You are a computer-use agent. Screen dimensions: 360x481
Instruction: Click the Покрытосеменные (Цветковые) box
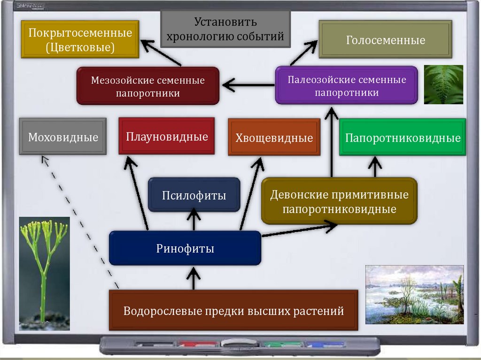pyautogui.click(x=80, y=39)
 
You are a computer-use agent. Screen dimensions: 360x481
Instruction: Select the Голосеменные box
pyautogui.click(x=386, y=39)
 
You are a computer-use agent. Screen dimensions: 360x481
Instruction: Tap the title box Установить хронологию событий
pyautogui.click(x=225, y=29)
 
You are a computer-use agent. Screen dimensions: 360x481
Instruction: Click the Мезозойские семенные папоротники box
pyautogui.click(x=148, y=86)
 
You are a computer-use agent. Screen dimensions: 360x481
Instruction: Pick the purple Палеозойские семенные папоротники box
pyautogui.click(x=347, y=85)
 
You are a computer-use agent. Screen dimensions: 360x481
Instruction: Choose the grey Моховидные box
pyautogui.click(x=63, y=137)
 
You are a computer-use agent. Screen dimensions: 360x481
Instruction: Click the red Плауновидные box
pyautogui.click(x=167, y=136)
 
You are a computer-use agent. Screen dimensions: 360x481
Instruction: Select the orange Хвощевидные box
pyautogui.click(x=274, y=137)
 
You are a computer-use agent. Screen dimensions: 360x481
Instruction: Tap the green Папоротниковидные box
pyautogui.click(x=403, y=138)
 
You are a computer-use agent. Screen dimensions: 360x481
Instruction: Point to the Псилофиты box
pyautogui.click(x=194, y=195)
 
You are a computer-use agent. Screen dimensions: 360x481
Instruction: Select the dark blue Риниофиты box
pyautogui.click(x=185, y=248)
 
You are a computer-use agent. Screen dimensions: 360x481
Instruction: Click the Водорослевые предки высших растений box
pyautogui.click(x=233, y=310)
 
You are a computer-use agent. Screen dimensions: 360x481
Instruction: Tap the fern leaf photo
pyautogui.click(x=443, y=84)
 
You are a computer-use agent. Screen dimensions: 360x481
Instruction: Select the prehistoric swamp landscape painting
pyautogui.click(x=415, y=294)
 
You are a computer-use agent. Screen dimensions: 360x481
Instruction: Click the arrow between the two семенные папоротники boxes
pyautogui.click(x=248, y=85)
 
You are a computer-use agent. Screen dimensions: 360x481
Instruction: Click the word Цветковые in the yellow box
pyautogui.click(x=80, y=47)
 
